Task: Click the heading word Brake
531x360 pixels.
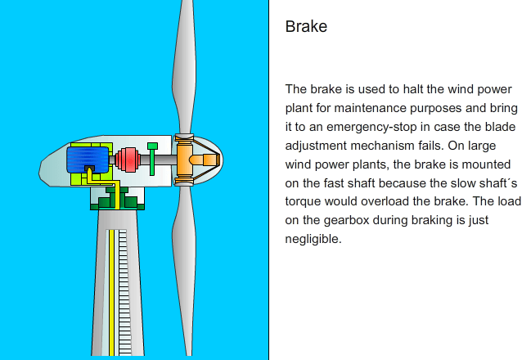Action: pos(306,26)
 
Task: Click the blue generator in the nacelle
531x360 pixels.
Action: pos(88,160)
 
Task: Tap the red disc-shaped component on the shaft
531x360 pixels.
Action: pos(128,160)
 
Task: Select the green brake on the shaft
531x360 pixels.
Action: pos(152,159)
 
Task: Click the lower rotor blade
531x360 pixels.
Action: pos(184,271)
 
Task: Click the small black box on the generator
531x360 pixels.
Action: pos(89,169)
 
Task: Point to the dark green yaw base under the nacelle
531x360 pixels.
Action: pos(117,199)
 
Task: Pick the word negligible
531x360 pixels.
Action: pos(313,239)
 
